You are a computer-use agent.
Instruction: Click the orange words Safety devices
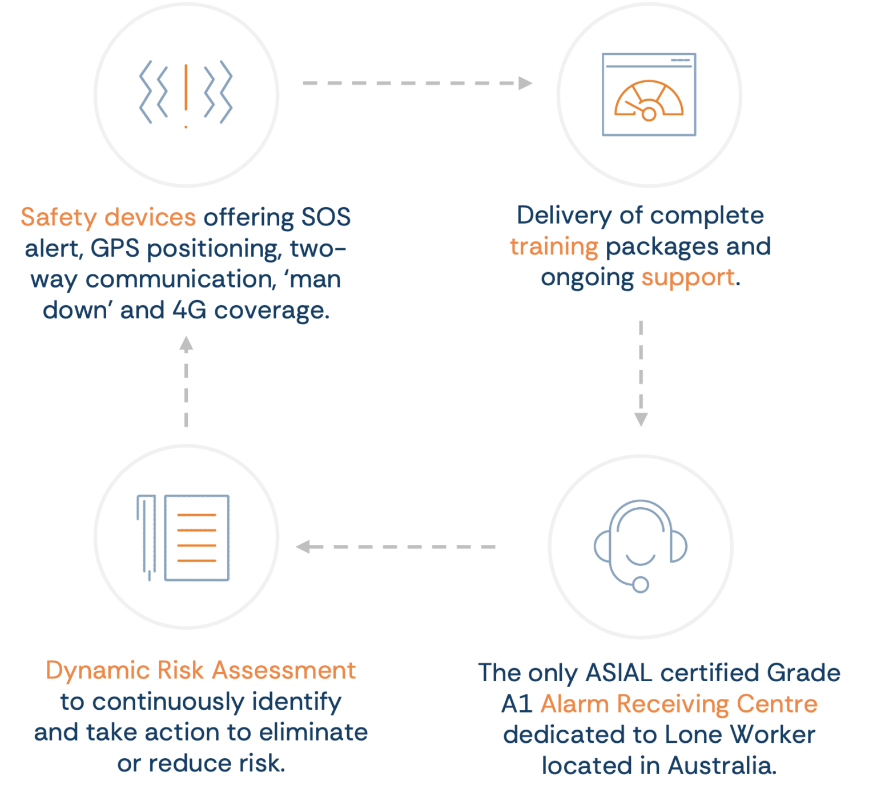108,217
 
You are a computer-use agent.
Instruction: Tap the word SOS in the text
326,217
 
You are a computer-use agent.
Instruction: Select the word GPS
115,248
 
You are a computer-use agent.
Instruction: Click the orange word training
554,247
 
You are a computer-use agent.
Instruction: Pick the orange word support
688,278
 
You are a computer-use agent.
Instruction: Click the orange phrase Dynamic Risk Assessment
201,670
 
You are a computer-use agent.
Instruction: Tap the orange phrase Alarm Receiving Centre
679,704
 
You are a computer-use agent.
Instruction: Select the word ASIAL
619,673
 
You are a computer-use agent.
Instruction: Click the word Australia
722,766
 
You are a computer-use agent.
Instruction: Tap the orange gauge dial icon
649,100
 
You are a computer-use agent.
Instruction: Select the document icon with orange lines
183,538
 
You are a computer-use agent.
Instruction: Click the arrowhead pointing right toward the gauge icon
525,83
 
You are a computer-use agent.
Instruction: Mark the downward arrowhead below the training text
641,419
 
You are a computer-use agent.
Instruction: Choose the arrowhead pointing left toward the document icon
303,547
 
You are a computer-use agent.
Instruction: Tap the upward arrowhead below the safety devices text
186,343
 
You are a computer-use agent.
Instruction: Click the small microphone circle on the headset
641,584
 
